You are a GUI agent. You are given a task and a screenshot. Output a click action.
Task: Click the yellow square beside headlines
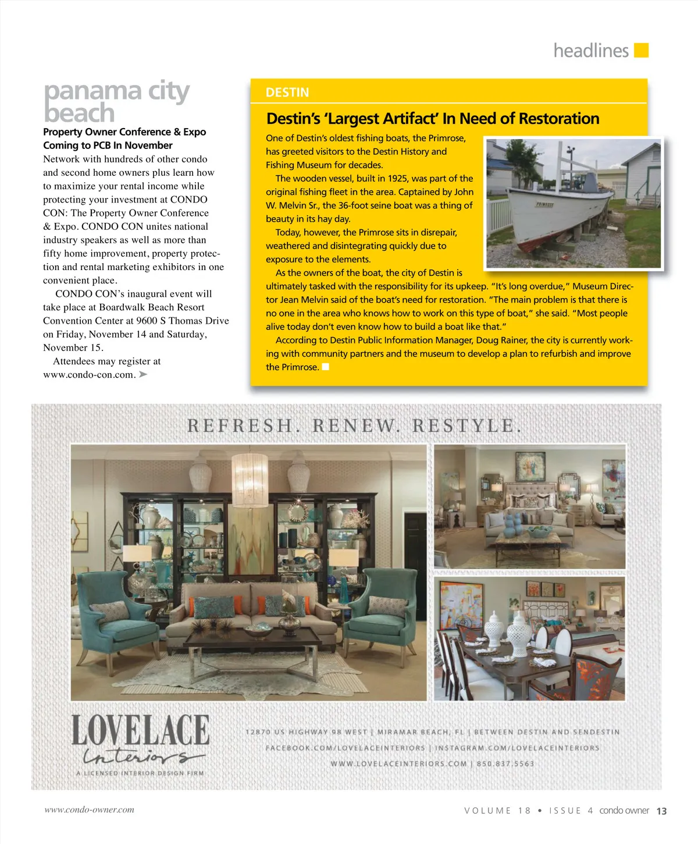tap(641, 51)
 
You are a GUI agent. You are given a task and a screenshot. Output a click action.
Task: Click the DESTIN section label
tap(287, 93)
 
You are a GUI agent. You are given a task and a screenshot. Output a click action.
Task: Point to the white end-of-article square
tap(326, 367)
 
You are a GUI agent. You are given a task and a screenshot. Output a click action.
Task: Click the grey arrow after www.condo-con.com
tap(143, 374)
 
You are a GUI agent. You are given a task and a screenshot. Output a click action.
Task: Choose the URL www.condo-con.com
tap(89, 375)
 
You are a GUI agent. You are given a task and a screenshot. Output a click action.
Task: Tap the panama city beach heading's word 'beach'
tap(79, 113)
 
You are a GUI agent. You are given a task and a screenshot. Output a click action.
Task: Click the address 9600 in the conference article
tap(147, 321)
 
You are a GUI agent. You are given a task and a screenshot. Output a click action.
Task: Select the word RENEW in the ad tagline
tap(357, 425)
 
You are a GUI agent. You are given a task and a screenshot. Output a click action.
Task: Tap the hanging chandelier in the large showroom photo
tap(250, 480)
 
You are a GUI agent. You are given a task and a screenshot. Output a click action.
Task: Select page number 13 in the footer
tap(661, 811)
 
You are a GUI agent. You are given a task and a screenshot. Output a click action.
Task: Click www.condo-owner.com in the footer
tap(89, 810)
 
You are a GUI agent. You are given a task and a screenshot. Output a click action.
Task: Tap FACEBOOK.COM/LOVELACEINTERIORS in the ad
tap(345, 748)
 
